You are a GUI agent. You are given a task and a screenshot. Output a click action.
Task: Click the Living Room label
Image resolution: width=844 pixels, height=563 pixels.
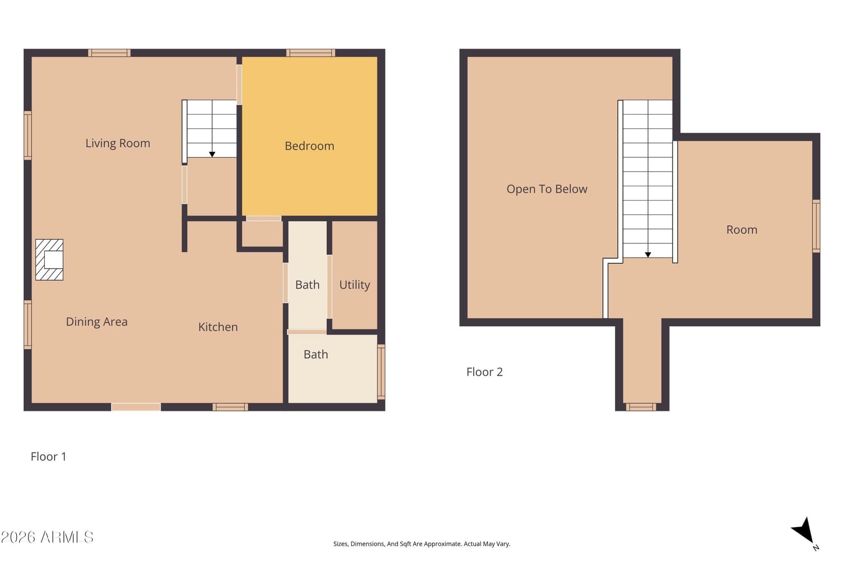tap(118, 143)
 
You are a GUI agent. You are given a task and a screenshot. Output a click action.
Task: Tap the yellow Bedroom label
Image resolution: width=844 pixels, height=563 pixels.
tap(309, 146)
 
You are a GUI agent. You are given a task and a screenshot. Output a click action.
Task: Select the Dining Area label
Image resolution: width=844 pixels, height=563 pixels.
tap(97, 321)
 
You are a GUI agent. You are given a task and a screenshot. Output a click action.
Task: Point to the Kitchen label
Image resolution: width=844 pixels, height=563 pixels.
tap(218, 327)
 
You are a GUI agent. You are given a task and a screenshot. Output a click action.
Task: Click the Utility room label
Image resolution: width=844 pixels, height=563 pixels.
tap(354, 285)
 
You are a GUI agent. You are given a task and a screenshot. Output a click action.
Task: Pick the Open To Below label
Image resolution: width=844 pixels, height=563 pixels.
tap(546, 189)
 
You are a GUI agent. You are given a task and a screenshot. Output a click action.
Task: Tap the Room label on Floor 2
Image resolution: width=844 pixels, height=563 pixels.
tap(742, 230)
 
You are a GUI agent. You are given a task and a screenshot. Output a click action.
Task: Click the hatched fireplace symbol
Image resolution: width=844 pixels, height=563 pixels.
tap(50, 260)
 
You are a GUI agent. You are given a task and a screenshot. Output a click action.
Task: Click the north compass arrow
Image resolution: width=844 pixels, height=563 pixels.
tap(803, 531)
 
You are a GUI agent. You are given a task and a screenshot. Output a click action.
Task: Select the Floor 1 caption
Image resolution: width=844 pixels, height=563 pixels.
tap(48, 456)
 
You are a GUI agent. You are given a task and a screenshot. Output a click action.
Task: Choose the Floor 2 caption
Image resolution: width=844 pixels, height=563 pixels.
tap(485, 372)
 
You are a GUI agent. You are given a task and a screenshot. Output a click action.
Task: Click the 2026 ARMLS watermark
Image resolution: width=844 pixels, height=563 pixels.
tap(47, 537)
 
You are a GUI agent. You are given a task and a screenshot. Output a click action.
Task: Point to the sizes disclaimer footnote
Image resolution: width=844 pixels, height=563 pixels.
tap(421, 544)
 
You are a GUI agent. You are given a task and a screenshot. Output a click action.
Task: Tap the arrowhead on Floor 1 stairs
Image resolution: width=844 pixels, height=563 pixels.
tap(212, 154)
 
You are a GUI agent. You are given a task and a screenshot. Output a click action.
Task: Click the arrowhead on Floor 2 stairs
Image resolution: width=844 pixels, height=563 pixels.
tap(648, 255)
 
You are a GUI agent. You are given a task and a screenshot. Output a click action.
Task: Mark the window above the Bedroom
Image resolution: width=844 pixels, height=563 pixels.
tap(311, 53)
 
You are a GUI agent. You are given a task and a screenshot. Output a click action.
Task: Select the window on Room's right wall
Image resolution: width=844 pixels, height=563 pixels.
tap(816, 226)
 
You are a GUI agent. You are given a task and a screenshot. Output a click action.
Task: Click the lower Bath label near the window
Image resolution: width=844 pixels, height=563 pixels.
tap(316, 355)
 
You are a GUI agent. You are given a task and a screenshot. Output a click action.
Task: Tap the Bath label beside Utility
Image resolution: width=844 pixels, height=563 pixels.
tap(307, 285)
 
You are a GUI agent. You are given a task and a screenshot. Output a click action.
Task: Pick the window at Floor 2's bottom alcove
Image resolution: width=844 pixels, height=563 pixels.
tap(641, 407)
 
